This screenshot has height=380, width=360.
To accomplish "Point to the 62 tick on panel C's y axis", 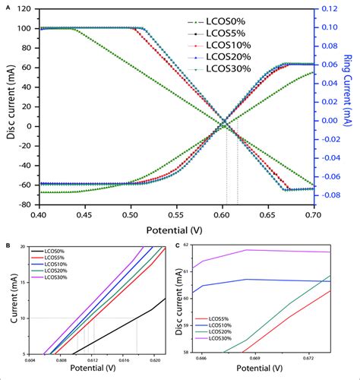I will pos(185,247).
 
